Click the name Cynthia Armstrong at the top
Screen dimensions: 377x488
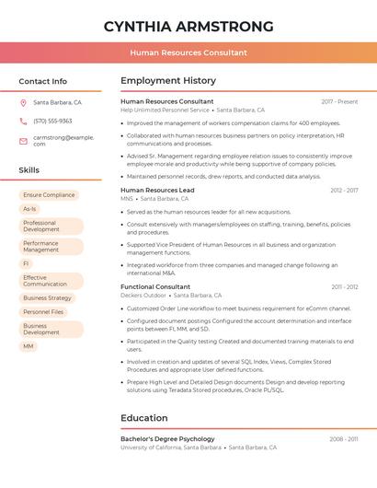pyautogui.click(x=188, y=27)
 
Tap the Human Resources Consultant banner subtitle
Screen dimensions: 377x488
pyautogui.click(x=188, y=52)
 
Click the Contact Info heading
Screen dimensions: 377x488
pyautogui.click(x=43, y=81)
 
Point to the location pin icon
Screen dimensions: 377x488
pyautogui.click(x=23, y=103)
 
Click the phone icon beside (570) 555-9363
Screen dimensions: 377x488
pyautogui.click(x=23, y=122)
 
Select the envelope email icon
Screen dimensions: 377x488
pyautogui.click(x=23, y=140)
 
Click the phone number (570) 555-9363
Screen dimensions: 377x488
pyautogui.click(x=52, y=122)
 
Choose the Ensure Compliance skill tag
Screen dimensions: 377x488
pyautogui.click(x=49, y=195)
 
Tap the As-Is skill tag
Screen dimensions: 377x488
pyautogui.click(x=29, y=209)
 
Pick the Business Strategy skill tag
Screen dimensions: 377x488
pyautogui.click(x=47, y=298)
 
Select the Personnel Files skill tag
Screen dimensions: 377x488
pyautogui.click(x=43, y=312)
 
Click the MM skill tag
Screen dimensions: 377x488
pyautogui.click(x=29, y=346)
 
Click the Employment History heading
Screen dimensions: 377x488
pyautogui.click(x=168, y=81)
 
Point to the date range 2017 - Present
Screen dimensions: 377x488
pyautogui.click(x=339, y=101)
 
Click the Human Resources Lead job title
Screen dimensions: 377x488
pyautogui.click(x=157, y=190)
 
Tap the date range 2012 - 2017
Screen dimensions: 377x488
pyautogui.click(x=344, y=190)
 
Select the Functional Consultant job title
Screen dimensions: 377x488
pyautogui.click(x=155, y=287)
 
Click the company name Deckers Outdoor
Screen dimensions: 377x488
pyautogui.click(x=143, y=296)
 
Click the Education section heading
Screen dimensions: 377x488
pyautogui.click(x=144, y=418)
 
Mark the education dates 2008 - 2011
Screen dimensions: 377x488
pyautogui.click(x=344, y=439)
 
